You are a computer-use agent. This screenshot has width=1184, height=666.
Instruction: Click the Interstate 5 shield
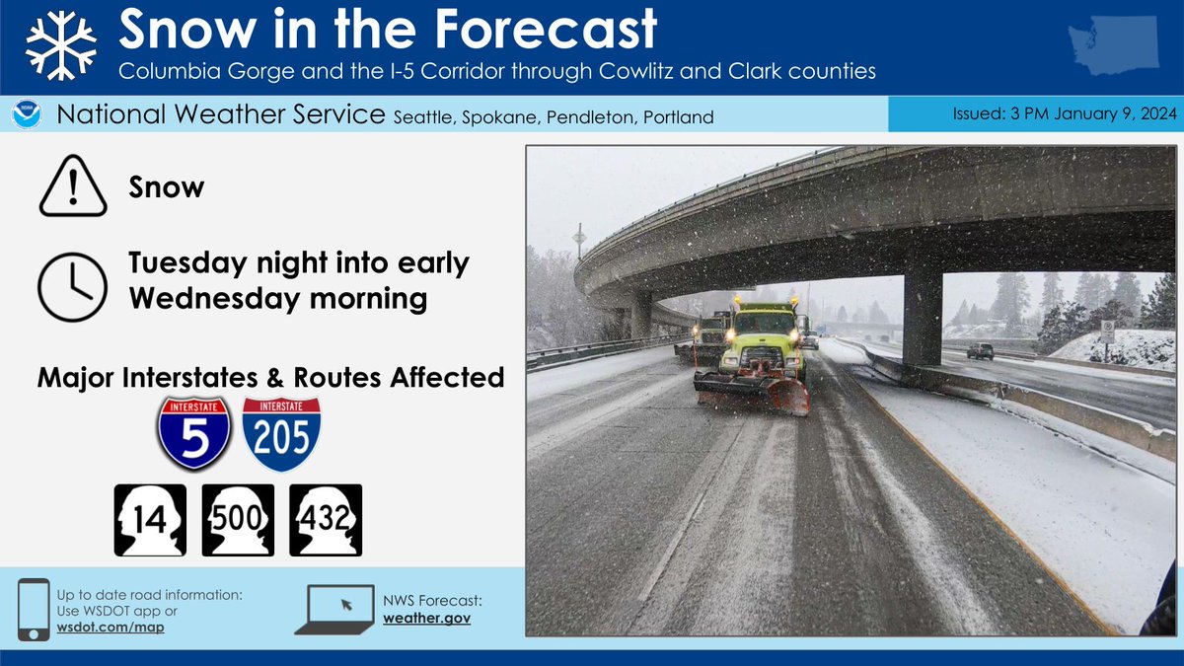click(x=193, y=434)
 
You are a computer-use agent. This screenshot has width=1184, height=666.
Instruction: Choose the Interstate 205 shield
click(x=281, y=434)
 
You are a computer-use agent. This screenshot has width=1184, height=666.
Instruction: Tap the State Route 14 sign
click(x=151, y=520)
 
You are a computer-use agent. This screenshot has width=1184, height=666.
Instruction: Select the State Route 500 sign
click(x=238, y=520)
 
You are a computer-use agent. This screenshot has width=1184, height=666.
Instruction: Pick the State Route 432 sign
click(x=325, y=520)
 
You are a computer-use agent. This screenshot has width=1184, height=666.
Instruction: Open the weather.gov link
click(x=427, y=618)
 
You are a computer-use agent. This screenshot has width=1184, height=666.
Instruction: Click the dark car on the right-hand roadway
click(x=980, y=350)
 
